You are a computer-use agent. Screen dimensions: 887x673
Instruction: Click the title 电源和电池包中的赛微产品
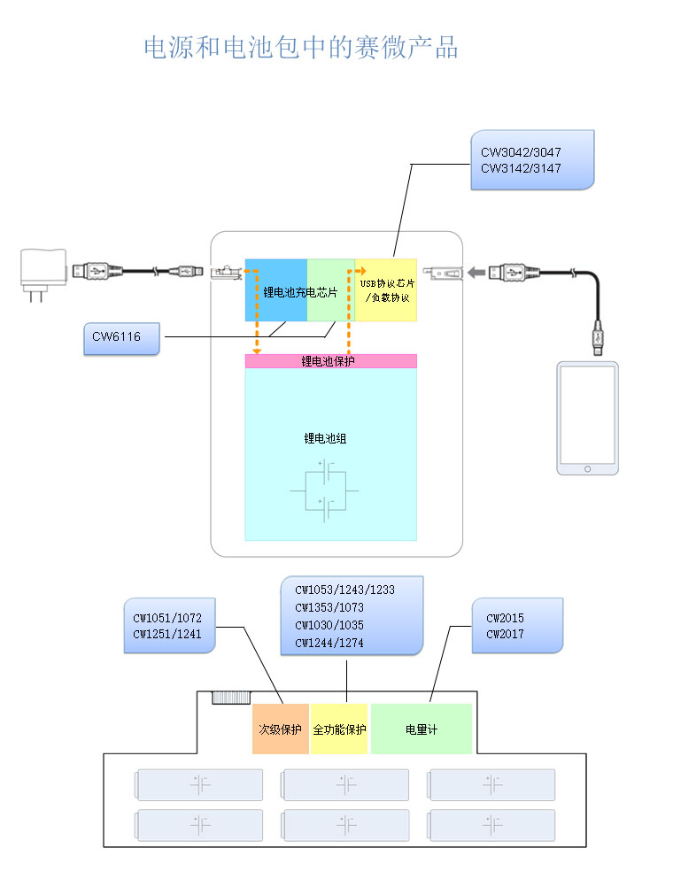(301, 48)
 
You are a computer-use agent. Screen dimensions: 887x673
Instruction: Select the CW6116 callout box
(122, 337)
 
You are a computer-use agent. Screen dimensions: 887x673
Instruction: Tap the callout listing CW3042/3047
(530, 159)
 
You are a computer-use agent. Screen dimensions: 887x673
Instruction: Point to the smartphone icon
(587, 418)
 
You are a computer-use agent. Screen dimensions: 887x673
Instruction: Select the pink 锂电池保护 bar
(330, 361)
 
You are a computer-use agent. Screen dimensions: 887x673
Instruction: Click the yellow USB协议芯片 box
(386, 290)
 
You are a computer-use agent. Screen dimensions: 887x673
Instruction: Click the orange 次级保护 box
(280, 729)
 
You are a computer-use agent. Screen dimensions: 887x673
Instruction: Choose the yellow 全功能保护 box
(339, 729)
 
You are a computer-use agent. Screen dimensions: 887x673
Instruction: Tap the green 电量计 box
(421, 729)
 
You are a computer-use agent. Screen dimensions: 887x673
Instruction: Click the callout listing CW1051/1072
(170, 626)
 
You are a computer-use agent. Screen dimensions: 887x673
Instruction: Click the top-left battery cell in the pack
(199, 784)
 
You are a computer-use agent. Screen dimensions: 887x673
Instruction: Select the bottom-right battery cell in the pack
(491, 825)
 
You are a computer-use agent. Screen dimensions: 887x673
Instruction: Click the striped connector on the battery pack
(231, 698)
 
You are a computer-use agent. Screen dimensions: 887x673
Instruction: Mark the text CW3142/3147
(521, 168)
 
